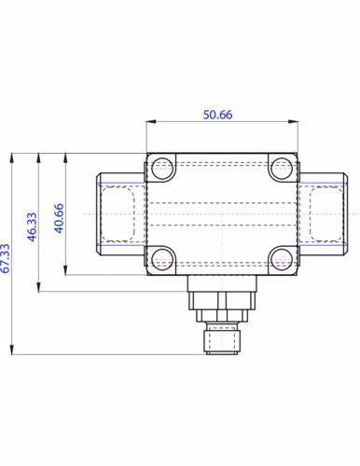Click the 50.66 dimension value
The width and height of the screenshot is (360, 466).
point(217,115)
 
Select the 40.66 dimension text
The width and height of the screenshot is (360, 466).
point(59,218)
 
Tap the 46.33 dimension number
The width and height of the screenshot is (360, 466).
point(32,226)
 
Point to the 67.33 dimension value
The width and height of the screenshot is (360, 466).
point(6,258)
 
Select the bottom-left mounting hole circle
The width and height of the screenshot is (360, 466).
point(163,258)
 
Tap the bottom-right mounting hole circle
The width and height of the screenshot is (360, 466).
point(281,258)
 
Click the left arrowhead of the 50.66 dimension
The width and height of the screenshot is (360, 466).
point(151,121)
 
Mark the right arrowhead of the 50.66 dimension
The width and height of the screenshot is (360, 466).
point(293,121)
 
